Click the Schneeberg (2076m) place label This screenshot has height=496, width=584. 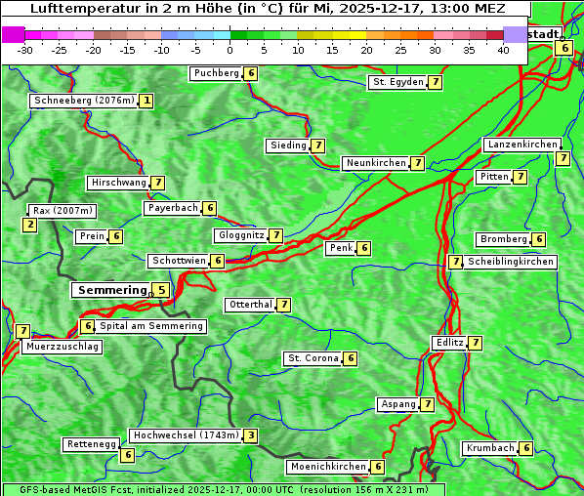click(83, 101)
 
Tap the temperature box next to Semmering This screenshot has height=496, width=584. click(161, 290)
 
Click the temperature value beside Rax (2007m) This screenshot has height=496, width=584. click(30, 226)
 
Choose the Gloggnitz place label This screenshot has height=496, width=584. click(239, 235)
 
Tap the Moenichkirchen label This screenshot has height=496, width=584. click(328, 467)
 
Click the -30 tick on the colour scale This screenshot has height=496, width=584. click(26, 50)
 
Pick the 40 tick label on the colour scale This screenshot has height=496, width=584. click(503, 50)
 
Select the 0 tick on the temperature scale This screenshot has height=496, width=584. click(230, 50)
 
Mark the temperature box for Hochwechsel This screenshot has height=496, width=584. click(251, 435)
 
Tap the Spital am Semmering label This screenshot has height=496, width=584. click(151, 326)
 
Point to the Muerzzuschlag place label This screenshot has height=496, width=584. click(62, 347)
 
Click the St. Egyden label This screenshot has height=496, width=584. click(397, 82)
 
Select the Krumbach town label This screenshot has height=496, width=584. click(489, 448)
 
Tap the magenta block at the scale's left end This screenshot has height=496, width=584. click(13, 34)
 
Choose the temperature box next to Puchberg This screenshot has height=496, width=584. click(251, 73)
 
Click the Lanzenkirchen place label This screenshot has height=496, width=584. click(521, 145)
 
